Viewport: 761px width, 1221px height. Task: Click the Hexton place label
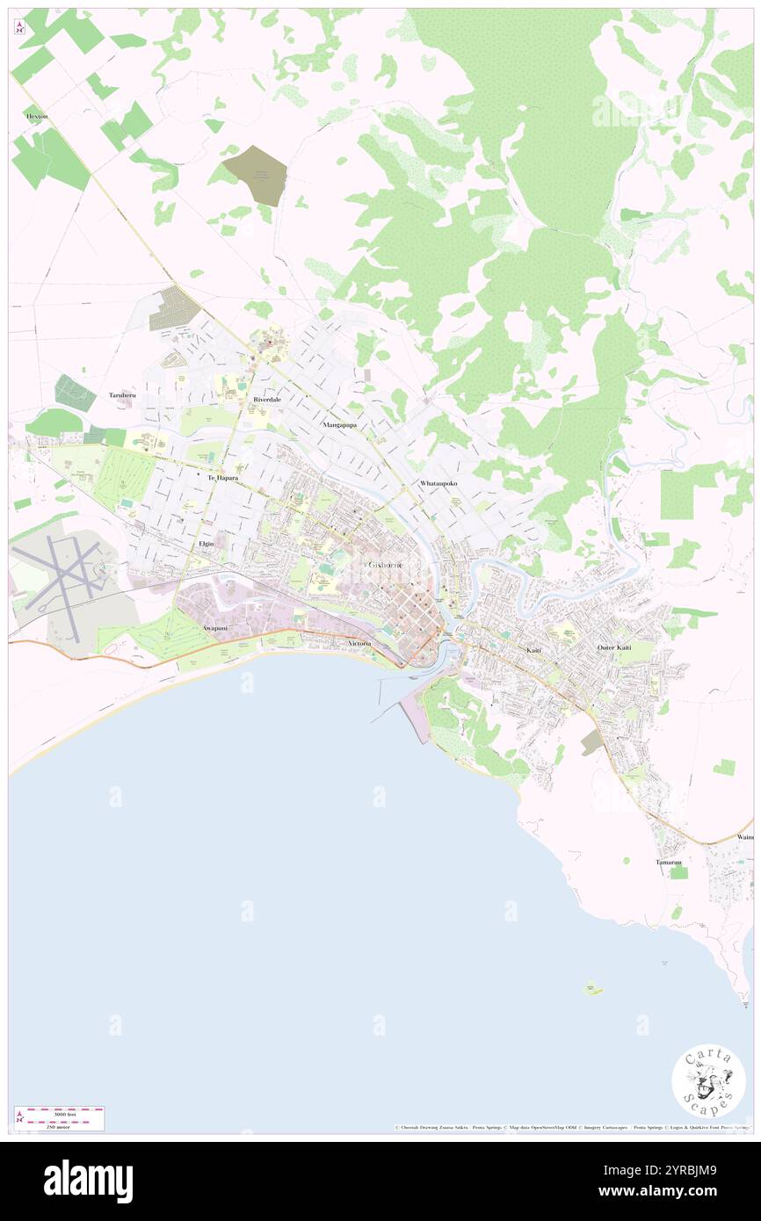pyautogui.click(x=37, y=116)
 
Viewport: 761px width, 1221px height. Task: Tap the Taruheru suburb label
pyautogui.click(x=123, y=395)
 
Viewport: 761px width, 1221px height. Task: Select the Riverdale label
pyautogui.click(x=266, y=399)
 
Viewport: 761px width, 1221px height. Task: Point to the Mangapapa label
pyautogui.click(x=337, y=424)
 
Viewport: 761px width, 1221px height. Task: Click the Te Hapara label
pyautogui.click(x=222, y=478)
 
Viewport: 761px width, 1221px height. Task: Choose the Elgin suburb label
pyautogui.click(x=207, y=545)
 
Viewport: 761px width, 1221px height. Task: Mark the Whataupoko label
pyautogui.click(x=438, y=484)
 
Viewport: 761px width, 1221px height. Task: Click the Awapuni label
pyautogui.click(x=216, y=628)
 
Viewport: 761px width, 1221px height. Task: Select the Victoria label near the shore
pyautogui.click(x=361, y=644)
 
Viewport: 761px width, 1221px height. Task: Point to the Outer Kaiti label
pyautogui.click(x=614, y=647)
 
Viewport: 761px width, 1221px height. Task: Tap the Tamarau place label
pyautogui.click(x=669, y=862)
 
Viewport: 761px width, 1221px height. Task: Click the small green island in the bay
pyautogui.click(x=594, y=989)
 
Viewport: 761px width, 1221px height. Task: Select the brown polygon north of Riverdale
pyautogui.click(x=256, y=175)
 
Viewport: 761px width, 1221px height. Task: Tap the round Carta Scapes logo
pyautogui.click(x=708, y=1080)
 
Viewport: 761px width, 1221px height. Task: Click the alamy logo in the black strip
pyautogui.click(x=88, y=1181)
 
